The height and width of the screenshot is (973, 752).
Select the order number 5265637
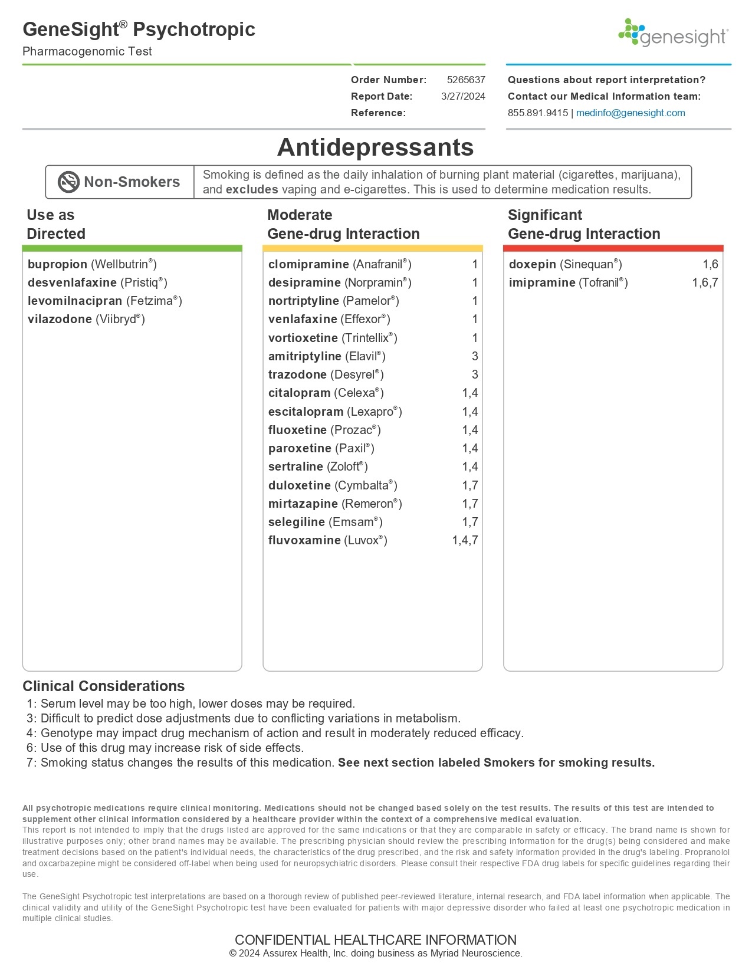[x=466, y=80]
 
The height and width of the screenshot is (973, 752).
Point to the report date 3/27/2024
[x=463, y=96]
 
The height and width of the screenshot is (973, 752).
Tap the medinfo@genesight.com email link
[x=631, y=113]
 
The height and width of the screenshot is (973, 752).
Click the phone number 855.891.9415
[x=537, y=113]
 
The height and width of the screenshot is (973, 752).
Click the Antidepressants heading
[x=376, y=147]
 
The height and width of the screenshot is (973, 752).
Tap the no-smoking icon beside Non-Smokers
[x=68, y=182]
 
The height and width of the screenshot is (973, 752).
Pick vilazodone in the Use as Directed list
[x=60, y=319]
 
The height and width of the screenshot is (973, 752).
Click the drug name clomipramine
[x=308, y=264]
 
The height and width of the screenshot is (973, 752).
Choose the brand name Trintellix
[x=368, y=338]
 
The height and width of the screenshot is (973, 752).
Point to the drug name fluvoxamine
[x=304, y=540]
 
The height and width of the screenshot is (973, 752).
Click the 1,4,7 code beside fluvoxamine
[x=465, y=540]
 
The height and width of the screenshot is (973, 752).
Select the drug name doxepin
[x=532, y=264]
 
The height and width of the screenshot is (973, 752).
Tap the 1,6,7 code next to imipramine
[x=705, y=282]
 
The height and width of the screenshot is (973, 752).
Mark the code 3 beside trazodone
[x=475, y=374]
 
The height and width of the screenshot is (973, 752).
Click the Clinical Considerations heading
[x=103, y=686]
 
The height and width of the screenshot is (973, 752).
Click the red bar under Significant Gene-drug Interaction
[x=613, y=248]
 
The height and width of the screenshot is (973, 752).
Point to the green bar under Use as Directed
[x=132, y=248]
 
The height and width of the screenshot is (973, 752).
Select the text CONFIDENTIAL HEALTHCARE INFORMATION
[x=376, y=939]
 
